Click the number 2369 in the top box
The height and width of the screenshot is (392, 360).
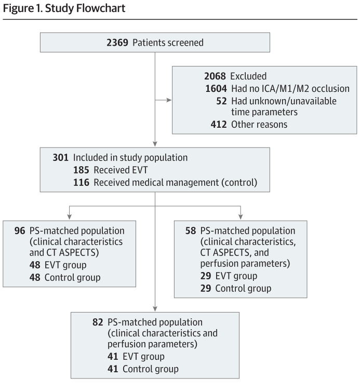click(117, 43)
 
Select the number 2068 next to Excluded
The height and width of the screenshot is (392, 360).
click(215, 76)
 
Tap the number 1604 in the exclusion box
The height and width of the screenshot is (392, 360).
click(216, 89)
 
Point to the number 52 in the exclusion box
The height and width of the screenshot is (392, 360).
click(222, 101)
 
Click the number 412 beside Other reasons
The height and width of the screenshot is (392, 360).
click(219, 125)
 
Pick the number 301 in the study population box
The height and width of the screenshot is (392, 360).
click(61, 158)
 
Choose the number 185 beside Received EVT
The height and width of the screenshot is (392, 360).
click(82, 170)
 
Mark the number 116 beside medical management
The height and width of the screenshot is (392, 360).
click(82, 183)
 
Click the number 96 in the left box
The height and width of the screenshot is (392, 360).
click(20, 231)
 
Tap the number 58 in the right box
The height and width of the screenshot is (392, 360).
click(191, 231)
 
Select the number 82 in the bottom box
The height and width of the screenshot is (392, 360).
click(98, 322)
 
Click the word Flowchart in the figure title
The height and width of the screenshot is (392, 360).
click(101, 8)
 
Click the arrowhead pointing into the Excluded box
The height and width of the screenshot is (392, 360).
click(169, 100)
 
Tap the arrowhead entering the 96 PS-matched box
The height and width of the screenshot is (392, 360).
click(69, 217)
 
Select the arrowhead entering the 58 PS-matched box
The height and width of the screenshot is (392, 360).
click(241, 217)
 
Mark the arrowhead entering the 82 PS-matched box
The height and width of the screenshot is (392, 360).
click(155, 309)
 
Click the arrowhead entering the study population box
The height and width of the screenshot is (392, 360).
click(155, 144)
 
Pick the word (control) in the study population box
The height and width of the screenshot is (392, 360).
click(239, 183)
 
